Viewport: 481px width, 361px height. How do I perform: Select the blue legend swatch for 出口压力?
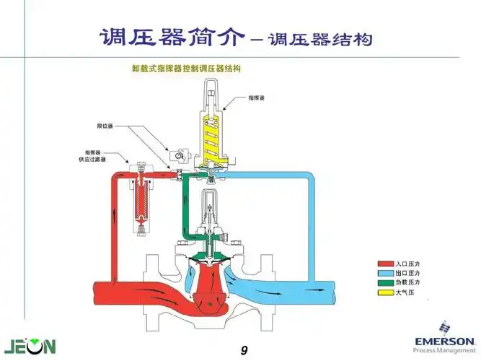(x=384, y=274)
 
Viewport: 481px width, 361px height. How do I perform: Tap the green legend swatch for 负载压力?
(x=384, y=282)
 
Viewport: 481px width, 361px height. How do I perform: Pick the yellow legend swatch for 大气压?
(x=384, y=291)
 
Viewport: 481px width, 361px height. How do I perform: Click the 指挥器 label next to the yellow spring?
(x=257, y=96)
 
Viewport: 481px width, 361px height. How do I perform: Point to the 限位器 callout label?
(x=106, y=126)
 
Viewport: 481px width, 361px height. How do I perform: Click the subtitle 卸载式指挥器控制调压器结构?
(x=185, y=69)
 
